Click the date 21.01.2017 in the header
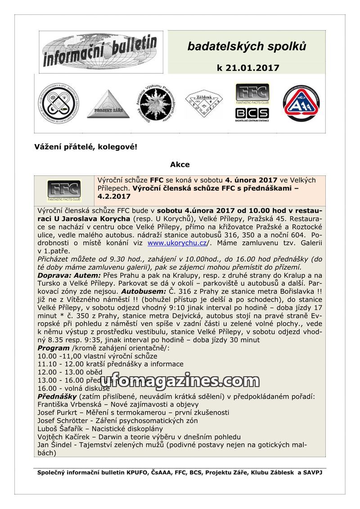point(254,68)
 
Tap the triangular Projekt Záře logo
point(108,104)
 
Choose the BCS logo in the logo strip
point(252,113)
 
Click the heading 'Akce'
point(180,165)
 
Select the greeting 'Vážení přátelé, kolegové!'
point(85,147)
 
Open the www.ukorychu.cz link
point(177,243)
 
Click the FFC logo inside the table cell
point(64,191)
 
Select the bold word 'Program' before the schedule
point(53,348)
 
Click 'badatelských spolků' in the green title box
point(247,46)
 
